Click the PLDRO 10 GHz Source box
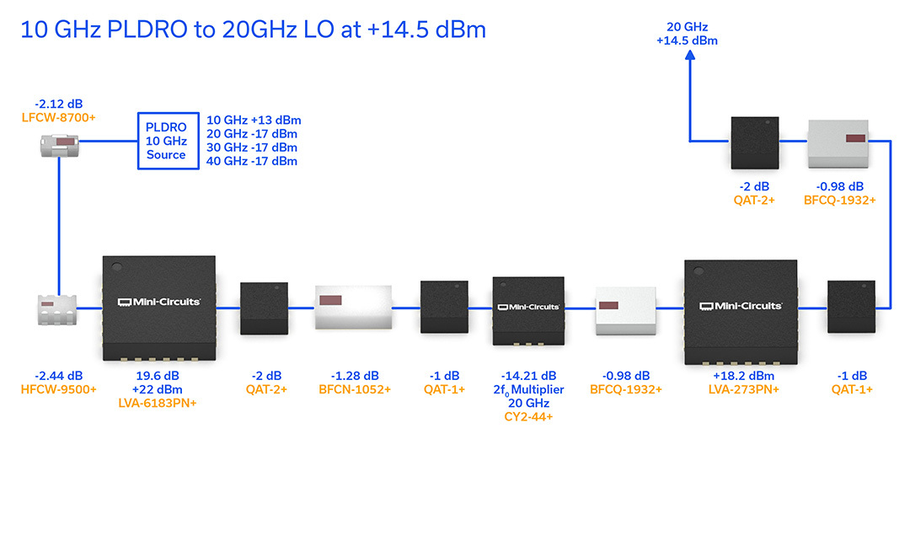click(169, 141)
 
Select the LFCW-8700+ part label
click(59, 118)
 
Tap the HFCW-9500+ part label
click(59, 389)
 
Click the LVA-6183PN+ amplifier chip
click(159, 308)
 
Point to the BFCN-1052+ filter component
click(353, 308)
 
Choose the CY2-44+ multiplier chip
click(528, 311)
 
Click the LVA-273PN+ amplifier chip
click(741, 312)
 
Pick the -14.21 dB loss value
click(528, 376)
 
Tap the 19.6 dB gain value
click(158, 376)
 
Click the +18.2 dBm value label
click(743, 376)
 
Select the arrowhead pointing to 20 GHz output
click(690, 55)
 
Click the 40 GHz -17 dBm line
click(252, 161)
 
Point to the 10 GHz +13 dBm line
click(254, 120)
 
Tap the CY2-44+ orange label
click(528, 416)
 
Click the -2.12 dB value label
click(59, 104)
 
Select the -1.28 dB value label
click(355, 376)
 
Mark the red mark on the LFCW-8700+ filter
click(65, 142)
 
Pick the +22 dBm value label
click(158, 389)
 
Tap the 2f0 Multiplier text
click(528, 390)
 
